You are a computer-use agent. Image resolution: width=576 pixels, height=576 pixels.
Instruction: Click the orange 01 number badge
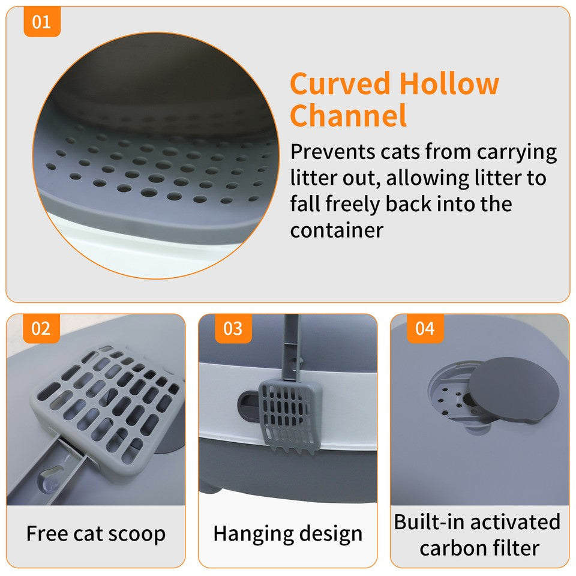(x=42, y=23)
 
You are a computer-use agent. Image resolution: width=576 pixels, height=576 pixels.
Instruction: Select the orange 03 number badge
(x=233, y=329)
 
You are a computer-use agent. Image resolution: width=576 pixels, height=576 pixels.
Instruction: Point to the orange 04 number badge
(x=425, y=329)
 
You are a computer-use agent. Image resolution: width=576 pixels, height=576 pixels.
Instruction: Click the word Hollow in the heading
(x=449, y=83)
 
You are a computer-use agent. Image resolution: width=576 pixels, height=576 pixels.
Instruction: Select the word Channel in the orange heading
(x=348, y=115)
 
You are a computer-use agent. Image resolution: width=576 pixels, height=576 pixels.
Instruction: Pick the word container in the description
(x=337, y=230)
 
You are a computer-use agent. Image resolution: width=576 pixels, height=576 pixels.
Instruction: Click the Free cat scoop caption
(x=96, y=533)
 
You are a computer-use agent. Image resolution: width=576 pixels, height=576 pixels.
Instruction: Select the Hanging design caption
(x=287, y=533)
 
